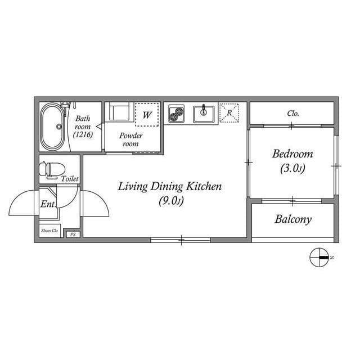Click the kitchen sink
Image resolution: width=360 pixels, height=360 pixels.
coord(204,114)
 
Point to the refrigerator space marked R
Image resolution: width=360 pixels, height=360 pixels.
coord(229,112)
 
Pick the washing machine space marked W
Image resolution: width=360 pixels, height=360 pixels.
coord(146,114)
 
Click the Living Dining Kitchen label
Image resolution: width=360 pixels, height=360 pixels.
coord(170,187)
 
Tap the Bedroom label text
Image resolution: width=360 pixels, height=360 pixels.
coord(292,154)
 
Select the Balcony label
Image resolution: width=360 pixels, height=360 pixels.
coord(292,219)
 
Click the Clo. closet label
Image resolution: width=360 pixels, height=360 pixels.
coord(292,113)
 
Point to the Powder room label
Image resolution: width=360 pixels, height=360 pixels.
coord(131,139)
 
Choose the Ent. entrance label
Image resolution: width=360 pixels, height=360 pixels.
coord(48,204)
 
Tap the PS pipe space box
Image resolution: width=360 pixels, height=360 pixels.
coord(73,234)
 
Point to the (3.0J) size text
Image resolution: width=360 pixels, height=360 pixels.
coord(292,168)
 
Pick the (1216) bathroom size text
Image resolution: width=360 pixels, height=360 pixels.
coord(83,135)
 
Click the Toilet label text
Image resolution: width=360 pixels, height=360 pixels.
coord(70,178)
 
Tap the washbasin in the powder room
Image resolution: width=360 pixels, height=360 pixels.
coord(120,112)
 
